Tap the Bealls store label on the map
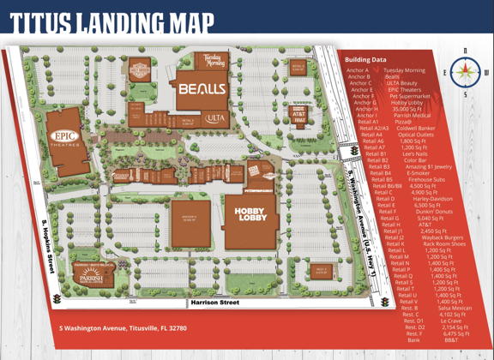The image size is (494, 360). (202, 88)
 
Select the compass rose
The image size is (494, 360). (465, 73)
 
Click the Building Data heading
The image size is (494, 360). (365, 60)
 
